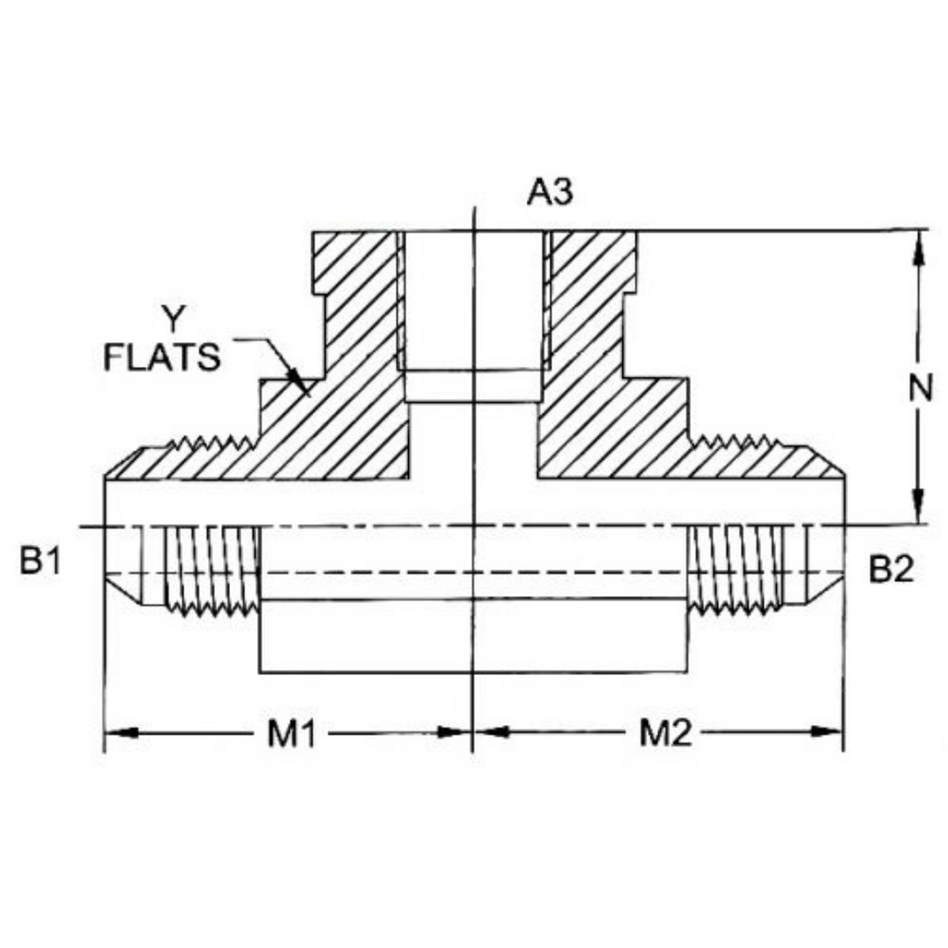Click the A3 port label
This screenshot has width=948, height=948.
pyautogui.click(x=550, y=193)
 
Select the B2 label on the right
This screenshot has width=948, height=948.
pyautogui.click(x=891, y=568)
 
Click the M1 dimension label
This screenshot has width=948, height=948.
pyautogui.click(x=292, y=734)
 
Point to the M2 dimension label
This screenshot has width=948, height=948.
pyautogui.click(x=666, y=733)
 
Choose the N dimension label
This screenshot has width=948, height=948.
pyautogui.click(x=920, y=388)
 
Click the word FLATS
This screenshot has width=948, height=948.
pyautogui.click(x=163, y=357)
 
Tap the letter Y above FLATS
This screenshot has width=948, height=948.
pyautogui.click(x=173, y=318)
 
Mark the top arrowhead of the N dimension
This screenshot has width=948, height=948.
pyautogui.click(x=919, y=248)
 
